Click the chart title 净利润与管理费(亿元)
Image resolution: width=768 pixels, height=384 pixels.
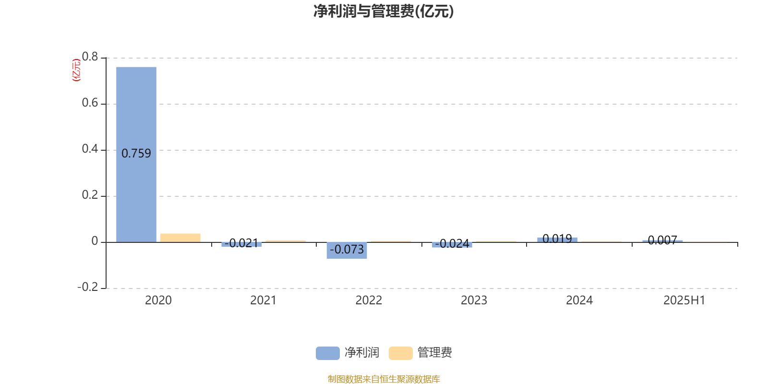click(384, 12)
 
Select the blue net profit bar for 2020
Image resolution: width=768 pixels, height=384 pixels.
click(136, 155)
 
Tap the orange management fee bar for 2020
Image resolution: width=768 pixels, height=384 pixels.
click(180, 238)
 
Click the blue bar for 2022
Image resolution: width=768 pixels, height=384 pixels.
click(347, 250)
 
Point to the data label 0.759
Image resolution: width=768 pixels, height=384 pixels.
click(136, 153)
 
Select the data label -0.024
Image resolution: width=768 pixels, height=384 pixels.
click(452, 243)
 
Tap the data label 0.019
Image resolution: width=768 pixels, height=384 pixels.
click(557, 238)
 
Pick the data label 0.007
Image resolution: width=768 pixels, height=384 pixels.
click(662, 240)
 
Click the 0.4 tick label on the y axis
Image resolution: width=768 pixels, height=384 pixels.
click(90, 149)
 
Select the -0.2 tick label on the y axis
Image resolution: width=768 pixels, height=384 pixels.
click(88, 287)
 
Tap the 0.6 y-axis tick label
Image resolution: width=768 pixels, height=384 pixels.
click(90, 103)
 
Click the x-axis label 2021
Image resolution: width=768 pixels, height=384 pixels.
click(264, 300)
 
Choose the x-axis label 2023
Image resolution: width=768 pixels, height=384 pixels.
click(474, 300)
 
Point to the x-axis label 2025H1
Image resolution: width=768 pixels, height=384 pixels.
click(684, 300)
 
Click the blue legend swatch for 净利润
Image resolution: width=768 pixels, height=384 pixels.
click(328, 353)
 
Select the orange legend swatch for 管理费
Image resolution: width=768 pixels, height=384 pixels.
click(400, 353)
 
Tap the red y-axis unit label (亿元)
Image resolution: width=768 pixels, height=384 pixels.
click(76, 70)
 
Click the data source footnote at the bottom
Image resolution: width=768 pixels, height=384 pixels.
click(384, 379)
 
